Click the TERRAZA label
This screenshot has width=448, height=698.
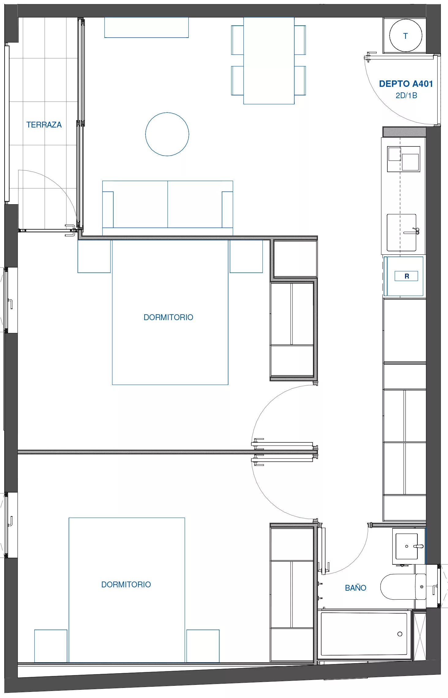44,125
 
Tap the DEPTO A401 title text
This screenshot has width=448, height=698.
406,84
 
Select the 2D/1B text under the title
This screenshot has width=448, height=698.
406,95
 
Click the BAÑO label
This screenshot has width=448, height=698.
356,588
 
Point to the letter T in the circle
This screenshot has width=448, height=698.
405,36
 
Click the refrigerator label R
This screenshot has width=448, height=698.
407,276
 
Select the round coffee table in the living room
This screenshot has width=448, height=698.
167,134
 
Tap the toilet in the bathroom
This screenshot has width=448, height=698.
403,586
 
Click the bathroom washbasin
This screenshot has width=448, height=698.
407,546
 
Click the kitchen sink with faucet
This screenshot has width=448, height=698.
402,232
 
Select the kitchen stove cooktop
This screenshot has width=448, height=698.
404,159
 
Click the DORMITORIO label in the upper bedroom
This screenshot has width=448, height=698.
168,317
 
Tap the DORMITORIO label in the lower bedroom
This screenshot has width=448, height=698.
126,585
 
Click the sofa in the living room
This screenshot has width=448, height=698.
168,208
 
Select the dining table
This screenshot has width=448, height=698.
269,61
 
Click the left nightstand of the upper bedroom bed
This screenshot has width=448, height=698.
94,256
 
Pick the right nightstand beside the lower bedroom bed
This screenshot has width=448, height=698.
203,646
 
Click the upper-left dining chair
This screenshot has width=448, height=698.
237,40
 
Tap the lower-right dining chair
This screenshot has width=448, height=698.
300,81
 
